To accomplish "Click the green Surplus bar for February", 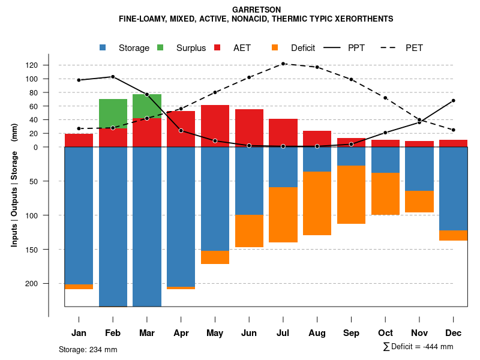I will tap(113, 113).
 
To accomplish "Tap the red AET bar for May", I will tap(215, 126).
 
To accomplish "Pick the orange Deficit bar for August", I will tap(317, 203).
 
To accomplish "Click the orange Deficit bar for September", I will tap(351, 194).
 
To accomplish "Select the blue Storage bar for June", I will tap(249, 181).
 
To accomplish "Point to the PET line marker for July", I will tap(283, 64).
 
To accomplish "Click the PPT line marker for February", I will tap(113, 77).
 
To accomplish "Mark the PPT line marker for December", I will tap(454, 101).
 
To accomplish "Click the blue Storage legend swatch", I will tap(104, 48).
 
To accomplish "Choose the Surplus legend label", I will tap(191, 48).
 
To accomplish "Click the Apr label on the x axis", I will tap(181, 333).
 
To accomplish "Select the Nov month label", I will tap(419, 333).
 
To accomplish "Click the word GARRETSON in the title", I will tap(256, 10).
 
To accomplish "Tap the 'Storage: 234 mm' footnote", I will tap(88, 349).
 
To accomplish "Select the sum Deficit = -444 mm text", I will tap(418, 347).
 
